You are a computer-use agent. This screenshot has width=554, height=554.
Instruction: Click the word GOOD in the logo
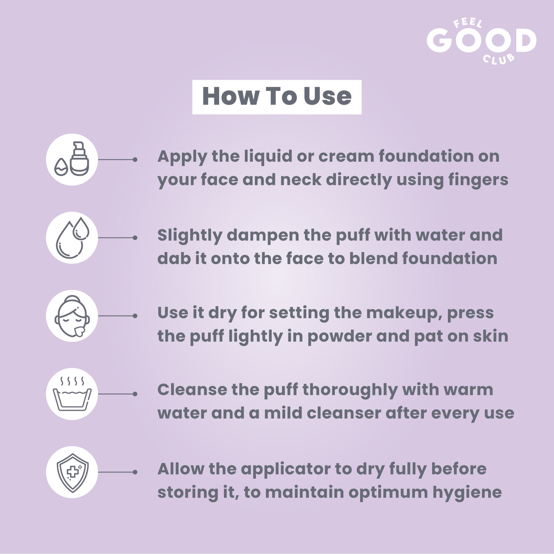481,40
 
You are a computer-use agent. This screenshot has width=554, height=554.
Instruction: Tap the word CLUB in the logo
498,59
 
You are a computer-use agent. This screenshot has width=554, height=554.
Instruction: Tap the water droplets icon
72,238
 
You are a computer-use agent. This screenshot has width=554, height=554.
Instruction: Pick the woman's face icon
72,316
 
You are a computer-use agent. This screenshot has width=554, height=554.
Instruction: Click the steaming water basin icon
72,394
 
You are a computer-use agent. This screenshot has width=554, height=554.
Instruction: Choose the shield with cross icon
73,473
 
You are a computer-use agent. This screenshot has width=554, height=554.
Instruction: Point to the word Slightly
190,236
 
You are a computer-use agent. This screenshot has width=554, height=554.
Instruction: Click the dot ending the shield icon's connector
135,472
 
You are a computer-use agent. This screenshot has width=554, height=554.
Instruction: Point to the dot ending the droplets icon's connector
135,238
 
